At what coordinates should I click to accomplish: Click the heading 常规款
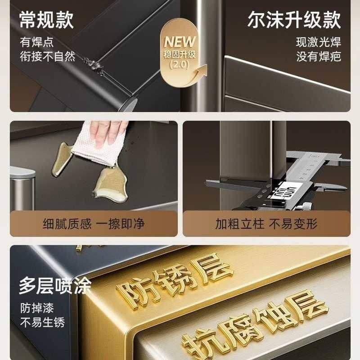point(46,21)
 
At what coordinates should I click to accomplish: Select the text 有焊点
point(37,43)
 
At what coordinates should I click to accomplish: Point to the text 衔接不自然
point(47,57)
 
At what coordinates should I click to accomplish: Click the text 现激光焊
point(319,43)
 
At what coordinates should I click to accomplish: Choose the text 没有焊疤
point(319,57)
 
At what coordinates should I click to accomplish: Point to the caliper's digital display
point(284,193)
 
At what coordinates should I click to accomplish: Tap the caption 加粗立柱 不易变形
point(266,224)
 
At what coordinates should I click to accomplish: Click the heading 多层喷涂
point(55,286)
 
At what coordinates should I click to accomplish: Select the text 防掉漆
point(37,309)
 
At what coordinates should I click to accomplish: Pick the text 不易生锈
point(42,322)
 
